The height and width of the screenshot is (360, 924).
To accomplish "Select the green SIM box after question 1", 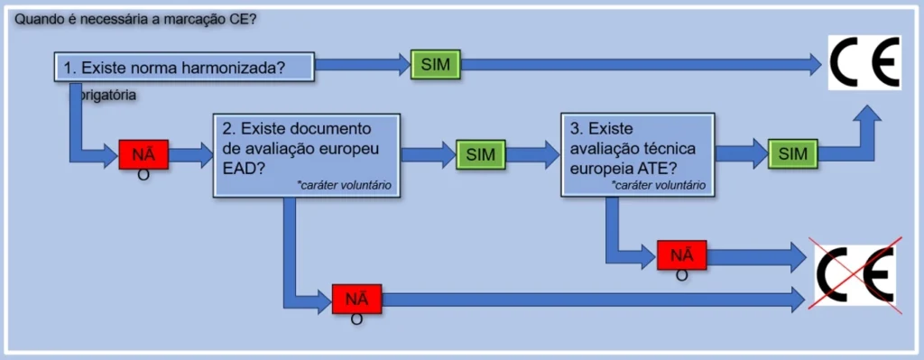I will (435, 63).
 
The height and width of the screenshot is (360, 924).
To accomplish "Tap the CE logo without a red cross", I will (864, 63).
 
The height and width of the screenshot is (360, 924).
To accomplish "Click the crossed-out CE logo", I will (855, 277).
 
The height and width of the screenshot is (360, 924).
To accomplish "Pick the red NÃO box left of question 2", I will (143, 154).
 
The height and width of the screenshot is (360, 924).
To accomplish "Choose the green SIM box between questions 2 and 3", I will (481, 154).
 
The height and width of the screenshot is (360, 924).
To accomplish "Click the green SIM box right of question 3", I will (792, 153).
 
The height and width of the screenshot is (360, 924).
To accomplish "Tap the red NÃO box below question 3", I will (681, 255).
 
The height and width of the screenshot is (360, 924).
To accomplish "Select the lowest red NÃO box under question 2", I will (356, 298).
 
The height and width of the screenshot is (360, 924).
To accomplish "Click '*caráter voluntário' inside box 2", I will (346, 185).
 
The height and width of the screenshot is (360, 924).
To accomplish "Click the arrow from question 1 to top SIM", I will (361, 63).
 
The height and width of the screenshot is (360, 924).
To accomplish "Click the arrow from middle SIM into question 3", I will (532, 154).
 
